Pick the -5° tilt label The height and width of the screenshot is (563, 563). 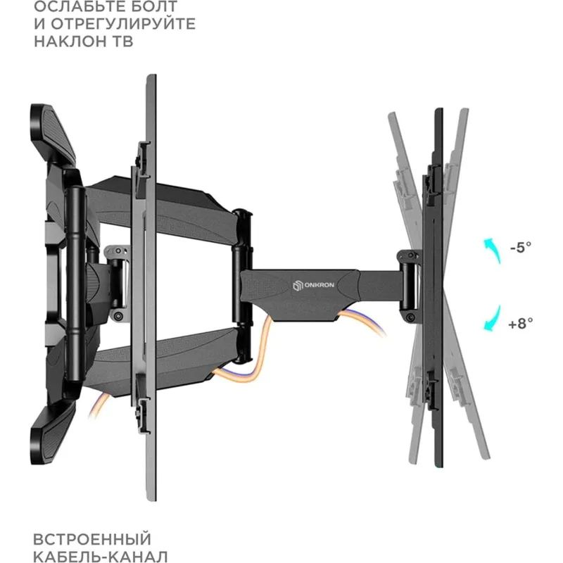point(520,247)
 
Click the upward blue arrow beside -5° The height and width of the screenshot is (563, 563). point(491,250)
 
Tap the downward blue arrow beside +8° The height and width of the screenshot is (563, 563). point(491,320)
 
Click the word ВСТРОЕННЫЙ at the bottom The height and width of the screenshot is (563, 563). point(91,540)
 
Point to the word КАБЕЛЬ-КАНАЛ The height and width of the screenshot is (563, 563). point(101,557)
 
